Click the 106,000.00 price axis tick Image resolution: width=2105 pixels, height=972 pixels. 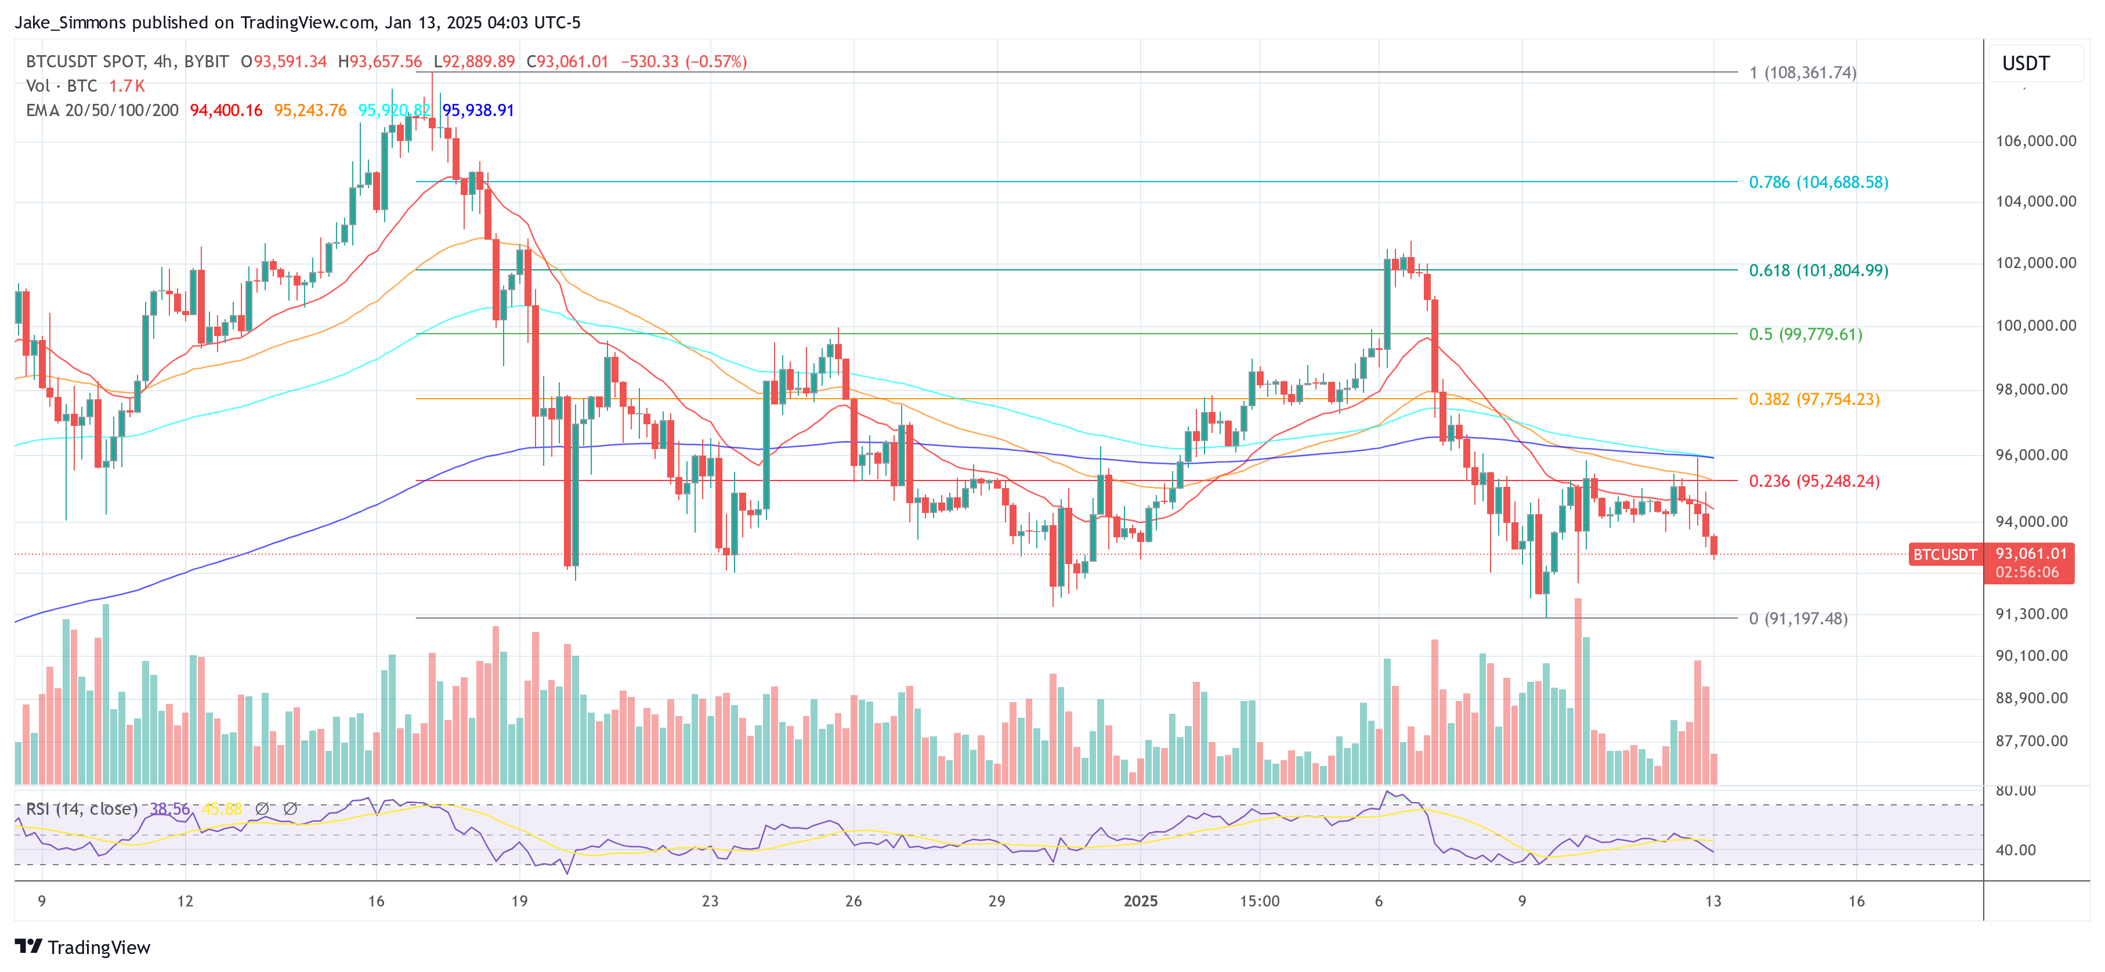coord(2035,140)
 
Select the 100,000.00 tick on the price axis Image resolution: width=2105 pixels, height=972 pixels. coord(2035,326)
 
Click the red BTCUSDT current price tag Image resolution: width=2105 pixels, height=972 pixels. coord(1944,554)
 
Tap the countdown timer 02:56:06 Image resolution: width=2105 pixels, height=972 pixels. coord(2027,572)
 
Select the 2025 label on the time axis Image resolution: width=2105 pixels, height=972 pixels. coord(1140,901)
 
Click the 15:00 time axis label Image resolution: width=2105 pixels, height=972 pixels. coord(1259,901)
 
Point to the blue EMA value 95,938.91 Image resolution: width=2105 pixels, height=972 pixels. coord(478,110)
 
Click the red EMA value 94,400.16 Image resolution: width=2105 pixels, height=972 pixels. coord(226,110)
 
